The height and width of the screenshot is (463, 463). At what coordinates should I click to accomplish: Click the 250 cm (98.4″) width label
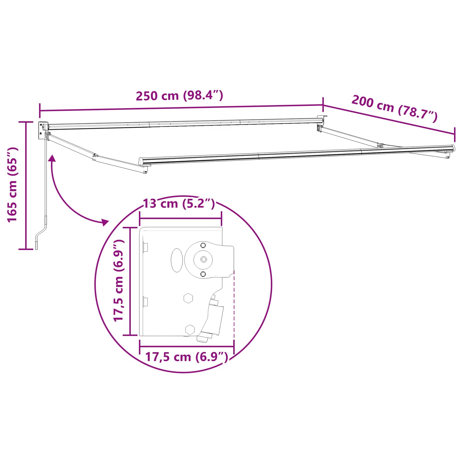coord(179,95)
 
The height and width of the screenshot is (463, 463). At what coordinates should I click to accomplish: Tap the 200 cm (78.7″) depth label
coord(394,107)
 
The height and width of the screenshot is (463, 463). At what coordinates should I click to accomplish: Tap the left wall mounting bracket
coord(43,130)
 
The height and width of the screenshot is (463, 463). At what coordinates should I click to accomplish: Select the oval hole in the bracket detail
coord(177,260)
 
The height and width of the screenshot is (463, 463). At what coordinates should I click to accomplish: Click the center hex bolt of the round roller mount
coord(203,260)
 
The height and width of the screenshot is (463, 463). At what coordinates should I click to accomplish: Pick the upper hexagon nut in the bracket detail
coord(188,298)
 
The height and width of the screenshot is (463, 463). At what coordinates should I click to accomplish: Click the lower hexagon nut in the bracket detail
coord(190,329)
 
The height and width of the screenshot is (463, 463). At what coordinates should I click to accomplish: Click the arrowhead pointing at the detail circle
coord(105,222)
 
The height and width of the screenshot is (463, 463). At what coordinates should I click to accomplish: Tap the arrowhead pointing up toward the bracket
coord(52,158)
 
